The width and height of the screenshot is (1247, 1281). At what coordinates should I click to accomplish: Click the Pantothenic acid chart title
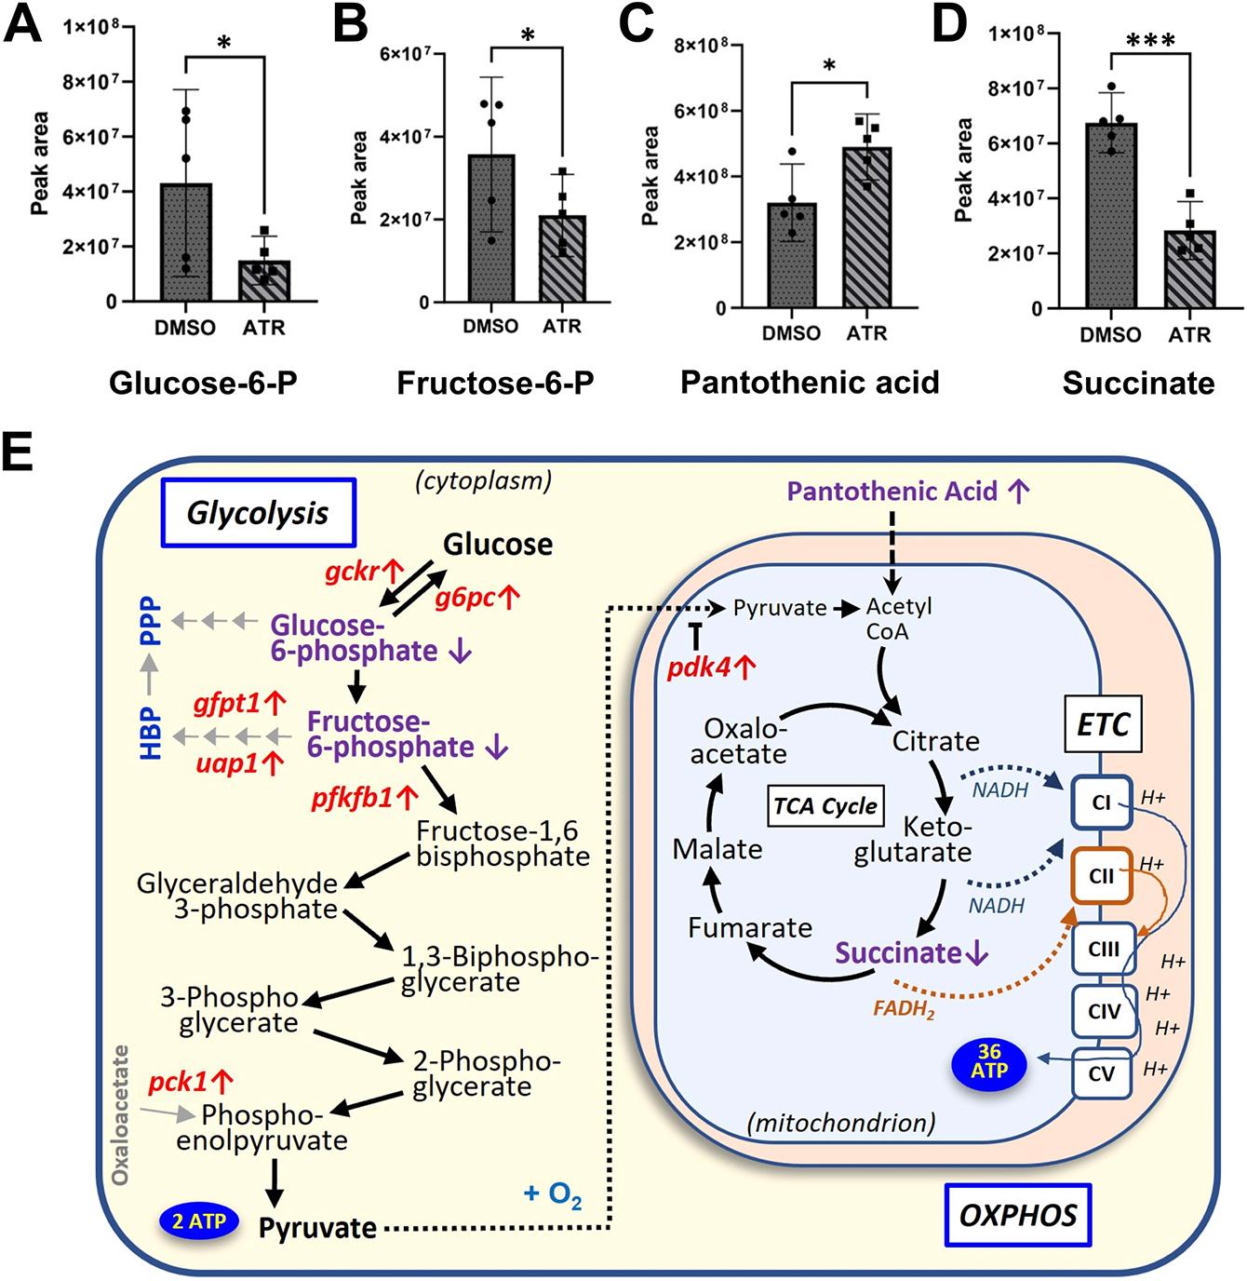[x=810, y=382]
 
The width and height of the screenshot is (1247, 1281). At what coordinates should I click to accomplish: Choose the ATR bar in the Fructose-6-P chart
[x=562, y=259]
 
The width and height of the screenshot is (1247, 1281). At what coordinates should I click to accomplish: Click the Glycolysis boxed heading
[x=258, y=512]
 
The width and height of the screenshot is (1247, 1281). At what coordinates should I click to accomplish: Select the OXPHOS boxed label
[x=1018, y=1214]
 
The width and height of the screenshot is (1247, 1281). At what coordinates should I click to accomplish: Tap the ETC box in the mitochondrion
[x=1103, y=723]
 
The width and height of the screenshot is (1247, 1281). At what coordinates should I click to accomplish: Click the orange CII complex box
[x=1102, y=875]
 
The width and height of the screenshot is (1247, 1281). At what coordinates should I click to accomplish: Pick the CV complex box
[x=1102, y=1073]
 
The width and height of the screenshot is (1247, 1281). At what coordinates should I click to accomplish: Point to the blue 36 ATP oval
[x=989, y=1062]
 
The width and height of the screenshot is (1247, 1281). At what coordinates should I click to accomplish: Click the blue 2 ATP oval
[x=199, y=1220]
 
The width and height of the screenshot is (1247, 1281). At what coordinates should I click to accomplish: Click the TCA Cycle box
[x=825, y=805]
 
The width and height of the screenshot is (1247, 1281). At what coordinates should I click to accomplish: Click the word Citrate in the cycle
[x=935, y=741]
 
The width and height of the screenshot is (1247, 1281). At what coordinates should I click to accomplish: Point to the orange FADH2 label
[x=903, y=1009]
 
